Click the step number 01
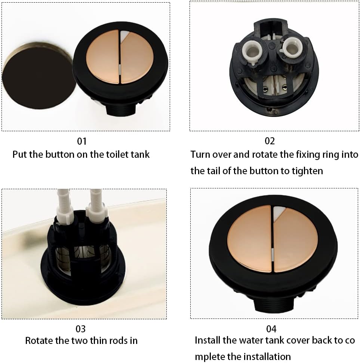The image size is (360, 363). coord(82,141)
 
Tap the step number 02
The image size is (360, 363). coord(270,141)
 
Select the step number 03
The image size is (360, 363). coord(81,329)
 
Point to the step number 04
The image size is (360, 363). coord(271,329)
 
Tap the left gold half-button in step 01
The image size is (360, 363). coord(102,56)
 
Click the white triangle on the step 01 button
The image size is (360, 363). coord(124,35)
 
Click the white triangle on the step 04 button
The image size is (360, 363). coord(278,212)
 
